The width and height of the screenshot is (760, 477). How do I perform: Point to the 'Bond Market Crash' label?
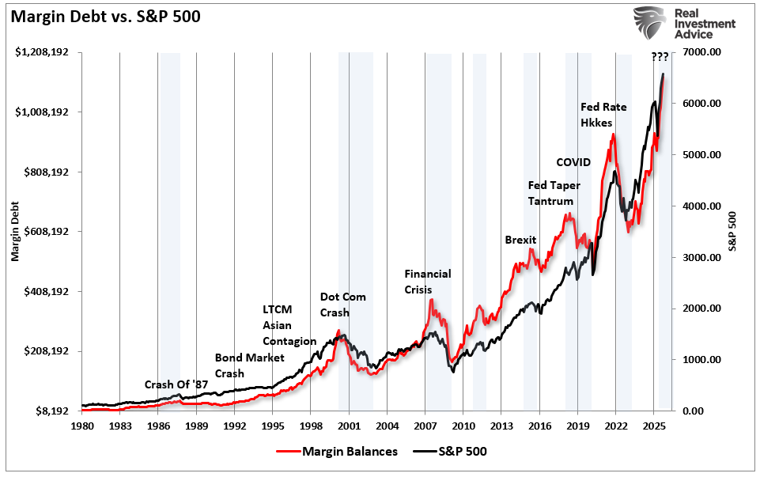249,365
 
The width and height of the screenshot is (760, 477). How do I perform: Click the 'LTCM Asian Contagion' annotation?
289,325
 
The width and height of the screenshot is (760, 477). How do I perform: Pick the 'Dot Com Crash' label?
342,305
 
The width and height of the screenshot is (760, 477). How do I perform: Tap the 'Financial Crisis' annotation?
427,282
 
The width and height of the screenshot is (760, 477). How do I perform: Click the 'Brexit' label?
520,240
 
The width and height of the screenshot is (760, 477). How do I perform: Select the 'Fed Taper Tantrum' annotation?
554,192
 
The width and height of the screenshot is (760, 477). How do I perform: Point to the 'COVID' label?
573,162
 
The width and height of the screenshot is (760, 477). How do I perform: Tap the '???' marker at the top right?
659,56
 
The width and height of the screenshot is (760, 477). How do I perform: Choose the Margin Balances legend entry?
338,452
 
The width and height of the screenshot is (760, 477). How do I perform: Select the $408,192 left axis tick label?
50,291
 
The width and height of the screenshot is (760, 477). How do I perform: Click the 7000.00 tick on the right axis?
699,52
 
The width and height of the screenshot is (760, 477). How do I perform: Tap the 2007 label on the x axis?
425,425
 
